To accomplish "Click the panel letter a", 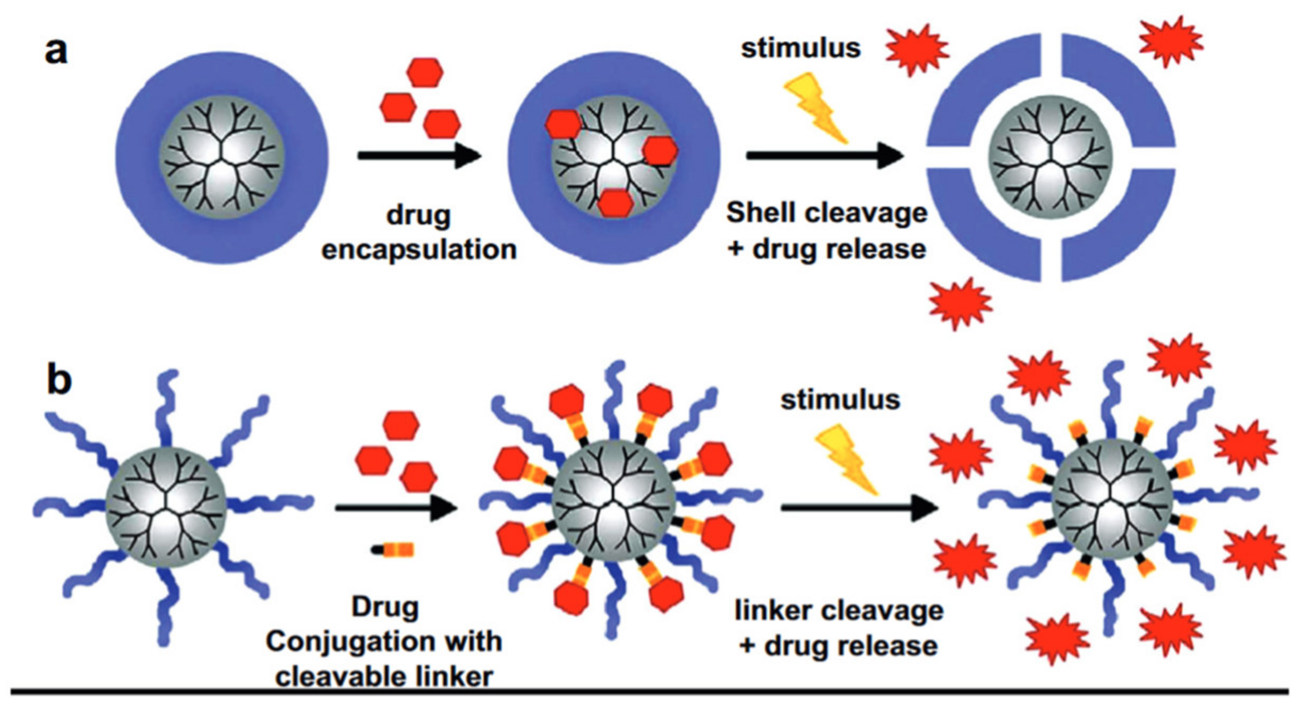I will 56,52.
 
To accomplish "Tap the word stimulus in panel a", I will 801,48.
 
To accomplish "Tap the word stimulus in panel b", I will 840,399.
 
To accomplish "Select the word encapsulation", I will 419,250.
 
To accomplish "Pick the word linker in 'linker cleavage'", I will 771,610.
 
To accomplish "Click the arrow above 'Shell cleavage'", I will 824,155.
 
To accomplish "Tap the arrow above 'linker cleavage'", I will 858,508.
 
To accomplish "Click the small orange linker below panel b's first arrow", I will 394,550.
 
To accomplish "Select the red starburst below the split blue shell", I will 960,304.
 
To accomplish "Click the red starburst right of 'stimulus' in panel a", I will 917,49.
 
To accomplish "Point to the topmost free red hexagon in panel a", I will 425,73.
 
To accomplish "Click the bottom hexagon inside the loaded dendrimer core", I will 615,203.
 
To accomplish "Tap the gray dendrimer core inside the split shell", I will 1050,157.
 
